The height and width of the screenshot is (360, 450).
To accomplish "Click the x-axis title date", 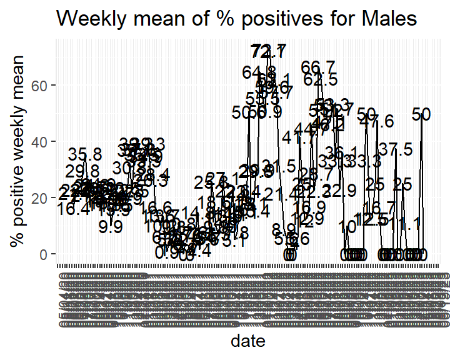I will pyautogui.click(x=248, y=341).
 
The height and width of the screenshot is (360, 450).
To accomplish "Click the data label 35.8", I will pyautogui.click(x=84, y=154).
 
